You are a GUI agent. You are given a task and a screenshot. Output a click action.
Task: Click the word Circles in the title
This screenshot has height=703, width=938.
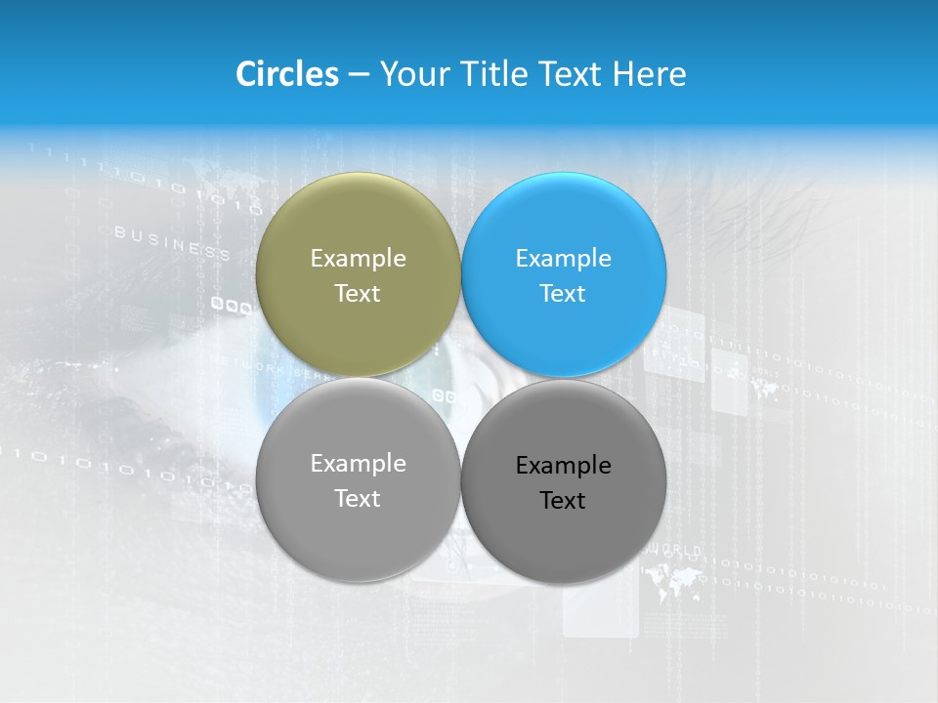pos(286,74)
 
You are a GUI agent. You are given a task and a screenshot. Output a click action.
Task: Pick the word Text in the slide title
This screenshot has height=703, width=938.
pos(573,74)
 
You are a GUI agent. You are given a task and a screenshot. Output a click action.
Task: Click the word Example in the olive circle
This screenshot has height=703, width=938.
pos(358,259)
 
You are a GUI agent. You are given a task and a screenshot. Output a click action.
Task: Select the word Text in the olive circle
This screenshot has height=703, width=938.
pos(358,294)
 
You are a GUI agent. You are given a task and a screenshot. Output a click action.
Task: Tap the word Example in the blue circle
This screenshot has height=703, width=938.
pos(563,259)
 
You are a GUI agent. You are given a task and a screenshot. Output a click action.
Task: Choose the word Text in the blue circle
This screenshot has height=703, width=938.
pos(563,294)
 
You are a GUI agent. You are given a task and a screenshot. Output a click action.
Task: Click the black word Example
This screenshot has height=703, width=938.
pos(563,466)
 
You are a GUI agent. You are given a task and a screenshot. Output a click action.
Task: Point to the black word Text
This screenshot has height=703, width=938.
pos(563,501)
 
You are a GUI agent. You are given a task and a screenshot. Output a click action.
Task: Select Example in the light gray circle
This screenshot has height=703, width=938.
pos(358,464)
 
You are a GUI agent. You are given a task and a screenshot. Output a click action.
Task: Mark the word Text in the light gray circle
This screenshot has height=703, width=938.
pos(358,499)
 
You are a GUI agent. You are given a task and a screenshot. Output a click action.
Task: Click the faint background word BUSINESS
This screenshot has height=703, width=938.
pos(172,242)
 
